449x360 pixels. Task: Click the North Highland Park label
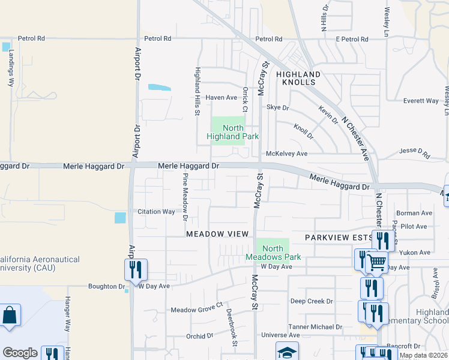232,132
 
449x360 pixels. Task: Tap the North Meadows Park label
273,253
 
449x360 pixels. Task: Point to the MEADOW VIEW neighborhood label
217,233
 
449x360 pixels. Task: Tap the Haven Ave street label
221,97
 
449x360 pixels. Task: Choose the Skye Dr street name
278,108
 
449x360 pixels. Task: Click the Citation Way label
156,212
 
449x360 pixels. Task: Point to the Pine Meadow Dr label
185,196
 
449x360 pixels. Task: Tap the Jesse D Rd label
415,154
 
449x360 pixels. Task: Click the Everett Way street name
421,101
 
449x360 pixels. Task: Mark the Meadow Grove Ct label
196,310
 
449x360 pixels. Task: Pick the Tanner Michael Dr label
315,327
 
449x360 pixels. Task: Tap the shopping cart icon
377,262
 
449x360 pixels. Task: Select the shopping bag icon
10,315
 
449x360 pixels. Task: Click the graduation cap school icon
287,352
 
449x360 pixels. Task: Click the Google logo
20,353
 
